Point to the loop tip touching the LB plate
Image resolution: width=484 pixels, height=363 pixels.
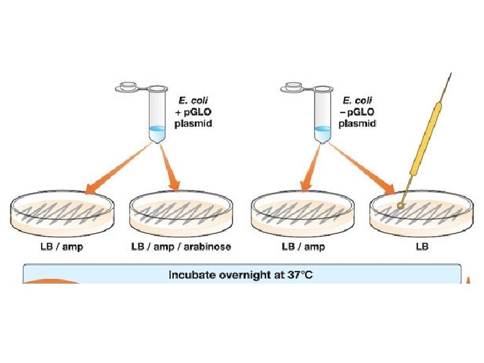[x=401, y=204]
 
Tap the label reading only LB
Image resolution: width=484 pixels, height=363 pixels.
[x=422, y=247]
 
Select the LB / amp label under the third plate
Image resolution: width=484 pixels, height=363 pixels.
[x=303, y=247]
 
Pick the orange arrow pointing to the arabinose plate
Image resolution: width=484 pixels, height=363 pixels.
[x=171, y=171]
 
